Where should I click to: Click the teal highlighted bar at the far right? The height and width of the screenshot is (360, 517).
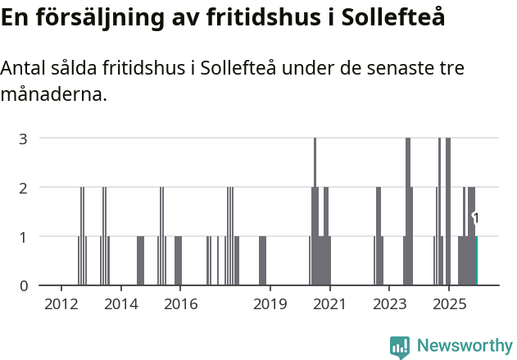[476, 261]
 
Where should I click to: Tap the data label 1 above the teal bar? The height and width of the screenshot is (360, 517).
[476, 218]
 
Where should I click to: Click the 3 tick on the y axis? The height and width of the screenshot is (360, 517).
[24, 138]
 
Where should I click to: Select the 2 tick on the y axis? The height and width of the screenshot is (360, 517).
[24, 187]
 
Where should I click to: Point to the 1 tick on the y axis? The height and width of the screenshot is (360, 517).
[24, 236]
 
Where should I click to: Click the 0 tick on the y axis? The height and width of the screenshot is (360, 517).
[24, 285]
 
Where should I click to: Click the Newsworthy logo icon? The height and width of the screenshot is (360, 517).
[400, 346]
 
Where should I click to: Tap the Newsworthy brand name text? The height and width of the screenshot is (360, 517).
[464, 346]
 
